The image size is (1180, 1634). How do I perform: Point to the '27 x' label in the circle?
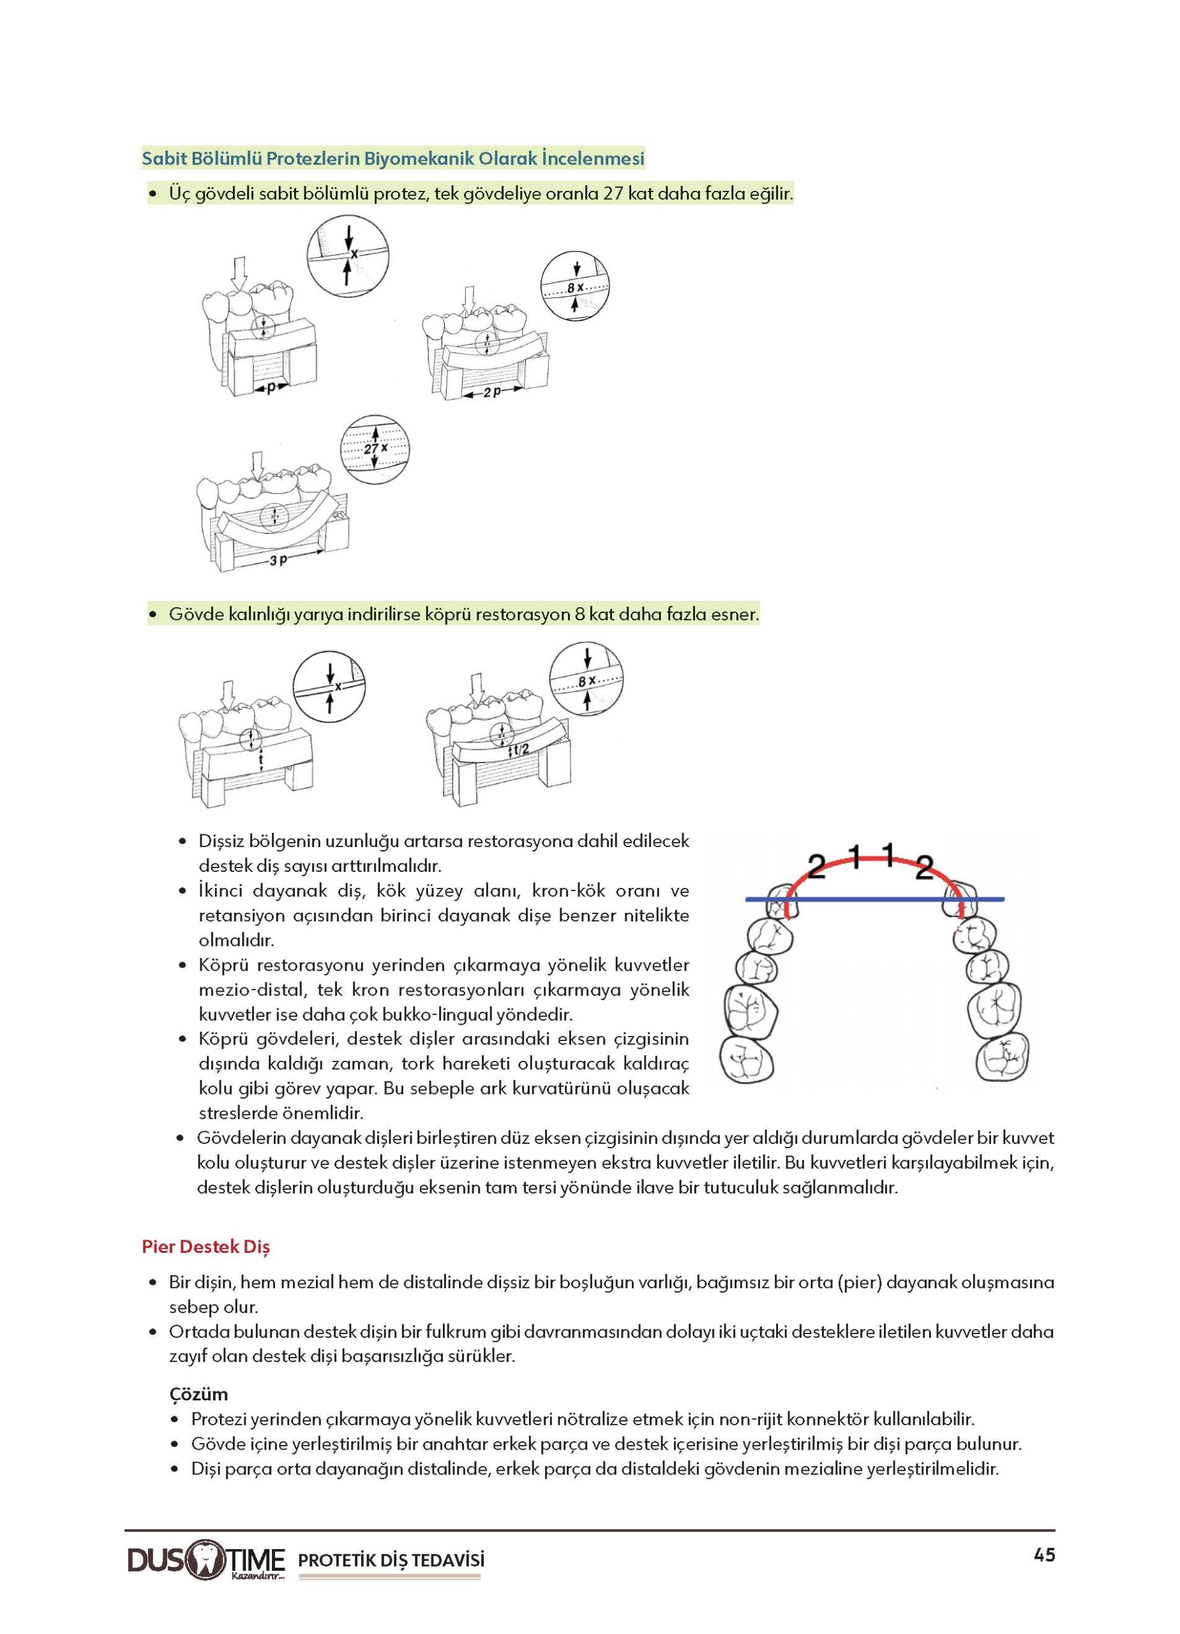[x=375, y=448]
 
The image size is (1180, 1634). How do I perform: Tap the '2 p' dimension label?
[x=492, y=394]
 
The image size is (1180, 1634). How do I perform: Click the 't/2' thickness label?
[x=520, y=750]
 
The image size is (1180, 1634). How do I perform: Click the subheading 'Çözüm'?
[x=199, y=1393]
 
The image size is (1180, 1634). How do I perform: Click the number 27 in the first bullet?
[x=615, y=194]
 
